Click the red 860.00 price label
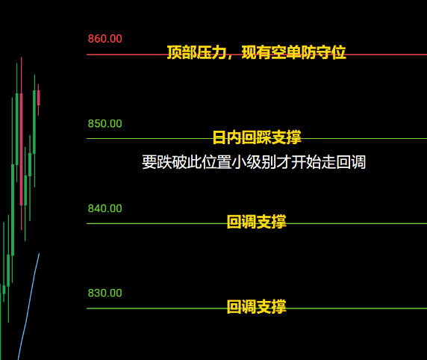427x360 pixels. [x=105, y=39]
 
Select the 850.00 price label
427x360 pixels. [x=105, y=124]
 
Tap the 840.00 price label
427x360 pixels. [x=105, y=208]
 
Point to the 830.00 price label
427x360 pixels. [x=105, y=294]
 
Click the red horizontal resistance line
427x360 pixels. [x=257, y=55]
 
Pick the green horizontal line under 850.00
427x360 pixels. [x=257, y=138]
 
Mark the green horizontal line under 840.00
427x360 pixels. [x=257, y=223]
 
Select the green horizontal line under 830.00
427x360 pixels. [x=257, y=308]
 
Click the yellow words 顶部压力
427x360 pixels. [x=196, y=52]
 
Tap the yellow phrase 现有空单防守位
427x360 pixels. [x=294, y=52]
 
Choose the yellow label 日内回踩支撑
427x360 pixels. [x=257, y=137]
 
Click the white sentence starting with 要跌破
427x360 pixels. [x=254, y=162]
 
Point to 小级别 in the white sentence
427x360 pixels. [x=254, y=162]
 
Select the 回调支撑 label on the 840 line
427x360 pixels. [x=257, y=222]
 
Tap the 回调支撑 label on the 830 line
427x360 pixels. [x=257, y=306]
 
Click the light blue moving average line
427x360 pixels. [x=28, y=306]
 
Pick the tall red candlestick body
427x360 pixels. [x=21, y=149]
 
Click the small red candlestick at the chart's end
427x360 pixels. [x=38, y=98]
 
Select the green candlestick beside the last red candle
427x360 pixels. [x=34, y=122]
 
